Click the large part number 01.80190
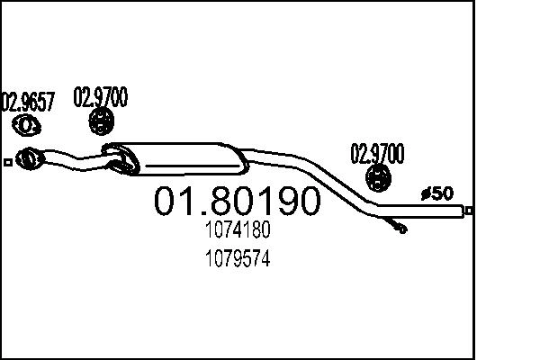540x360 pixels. click(238, 202)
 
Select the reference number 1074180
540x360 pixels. click(238, 230)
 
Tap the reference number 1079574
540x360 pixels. click(238, 259)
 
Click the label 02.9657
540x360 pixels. click(28, 102)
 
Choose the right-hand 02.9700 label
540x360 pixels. click(377, 152)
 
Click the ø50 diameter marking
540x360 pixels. click(438, 193)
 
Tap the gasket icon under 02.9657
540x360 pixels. click(29, 124)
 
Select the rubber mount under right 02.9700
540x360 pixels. click(379, 177)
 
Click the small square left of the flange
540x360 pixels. click(8, 162)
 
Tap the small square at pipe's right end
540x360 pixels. click(469, 211)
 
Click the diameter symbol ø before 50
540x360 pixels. click(426, 193)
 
